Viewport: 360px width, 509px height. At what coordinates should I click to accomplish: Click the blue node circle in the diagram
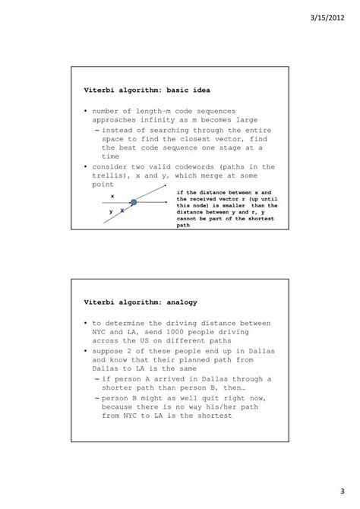point(134,202)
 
